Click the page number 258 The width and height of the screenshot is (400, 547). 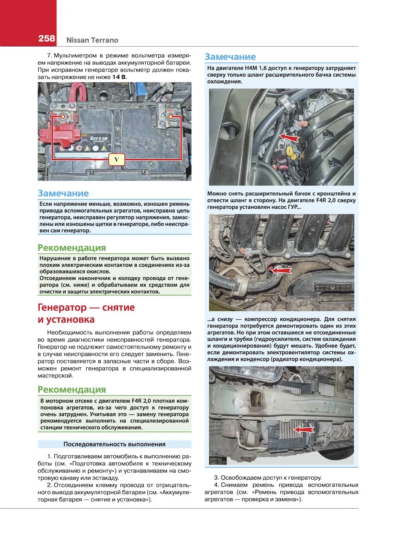47,38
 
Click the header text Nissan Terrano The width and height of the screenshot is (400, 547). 92,40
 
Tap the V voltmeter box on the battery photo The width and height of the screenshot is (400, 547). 117,159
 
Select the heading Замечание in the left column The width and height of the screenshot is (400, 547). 63,194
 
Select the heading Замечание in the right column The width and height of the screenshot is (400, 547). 230,57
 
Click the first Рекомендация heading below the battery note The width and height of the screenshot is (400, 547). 72,248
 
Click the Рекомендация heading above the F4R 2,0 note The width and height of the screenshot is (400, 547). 72,390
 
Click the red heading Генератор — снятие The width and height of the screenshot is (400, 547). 86,308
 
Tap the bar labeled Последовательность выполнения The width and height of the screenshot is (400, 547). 114,444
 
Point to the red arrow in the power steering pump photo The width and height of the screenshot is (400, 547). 281,271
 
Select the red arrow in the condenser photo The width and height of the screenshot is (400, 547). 304,429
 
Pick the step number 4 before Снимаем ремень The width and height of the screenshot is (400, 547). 216,485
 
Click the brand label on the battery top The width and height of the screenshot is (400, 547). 99,138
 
